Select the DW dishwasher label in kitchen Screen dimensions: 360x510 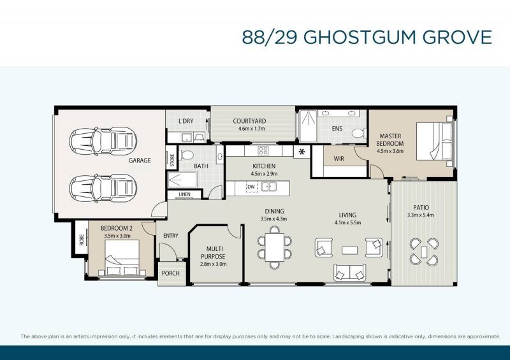(251, 187)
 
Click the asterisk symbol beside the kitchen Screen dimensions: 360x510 (301, 152)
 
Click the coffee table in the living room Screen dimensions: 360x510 (349, 250)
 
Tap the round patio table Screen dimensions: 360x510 (424, 250)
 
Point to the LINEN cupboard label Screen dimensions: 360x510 (184, 194)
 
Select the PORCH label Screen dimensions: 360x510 (170, 273)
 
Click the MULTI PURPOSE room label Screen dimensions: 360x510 (213, 253)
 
